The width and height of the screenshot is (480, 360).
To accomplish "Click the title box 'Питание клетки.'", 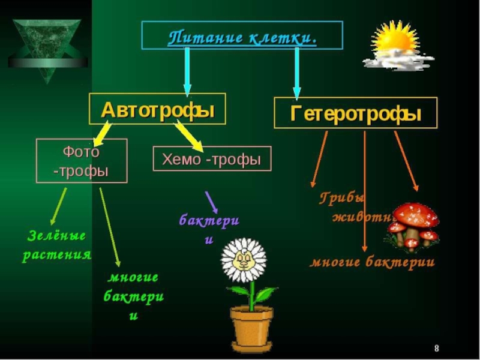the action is pyautogui.click(x=242, y=35).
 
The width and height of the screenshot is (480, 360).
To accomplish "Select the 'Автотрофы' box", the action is pyautogui.click(x=157, y=109).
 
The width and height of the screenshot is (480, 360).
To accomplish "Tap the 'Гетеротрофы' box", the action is pyautogui.click(x=356, y=113).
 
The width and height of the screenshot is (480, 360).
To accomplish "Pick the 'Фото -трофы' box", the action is pyautogui.click(x=81, y=160).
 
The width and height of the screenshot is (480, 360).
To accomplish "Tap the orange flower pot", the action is pyautogui.click(x=251, y=328).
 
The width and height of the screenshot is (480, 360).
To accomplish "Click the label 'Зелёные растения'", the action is pyautogui.click(x=56, y=245).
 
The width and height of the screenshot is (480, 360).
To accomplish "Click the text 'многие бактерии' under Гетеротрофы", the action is pyautogui.click(x=372, y=262).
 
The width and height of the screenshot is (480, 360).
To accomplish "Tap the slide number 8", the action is pyautogui.click(x=436, y=349).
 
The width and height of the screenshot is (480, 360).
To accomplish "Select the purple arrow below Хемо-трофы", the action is pyautogui.click(x=211, y=202).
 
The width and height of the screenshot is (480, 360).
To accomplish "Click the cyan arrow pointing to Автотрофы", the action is pyautogui.click(x=187, y=71).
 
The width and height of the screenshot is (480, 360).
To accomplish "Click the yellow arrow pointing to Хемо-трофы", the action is pyautogui.click(x=188, y=136).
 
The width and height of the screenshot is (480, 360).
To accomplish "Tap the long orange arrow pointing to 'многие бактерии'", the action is pyautogui.click(x=365, y=192).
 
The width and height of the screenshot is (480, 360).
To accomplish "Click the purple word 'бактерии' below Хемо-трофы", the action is pyautogui.click(x=209, y=226).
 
